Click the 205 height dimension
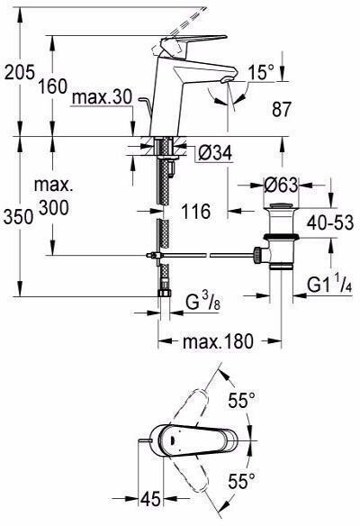pyautogui.click(x=20, y=72)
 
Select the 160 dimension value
pyautogui.click(x=52, y=86)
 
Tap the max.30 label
pyautogui.click(x=102, y=97)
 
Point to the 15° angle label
pyautogui.click(x=261, y=72)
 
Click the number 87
pyautogui.click(x=282, y=109)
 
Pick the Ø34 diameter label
pyautogui.click(x=215, y=154)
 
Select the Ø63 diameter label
pyautogui.click(x=281, y=185)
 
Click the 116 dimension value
pyautogui.click(x=196, y=212)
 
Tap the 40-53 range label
pyautogui.click(x=330, y=222)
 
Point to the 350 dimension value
pyautogui.click(x=19, y=216)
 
